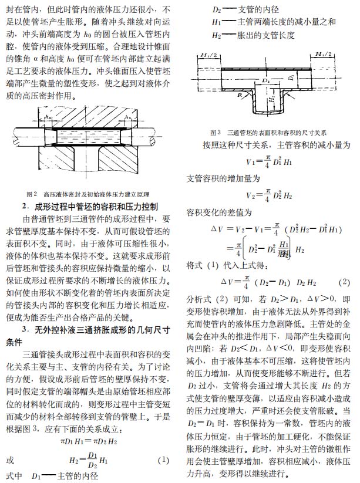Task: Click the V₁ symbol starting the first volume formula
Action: (x=251, y=162)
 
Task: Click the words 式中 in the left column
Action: (x=14, y=475)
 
